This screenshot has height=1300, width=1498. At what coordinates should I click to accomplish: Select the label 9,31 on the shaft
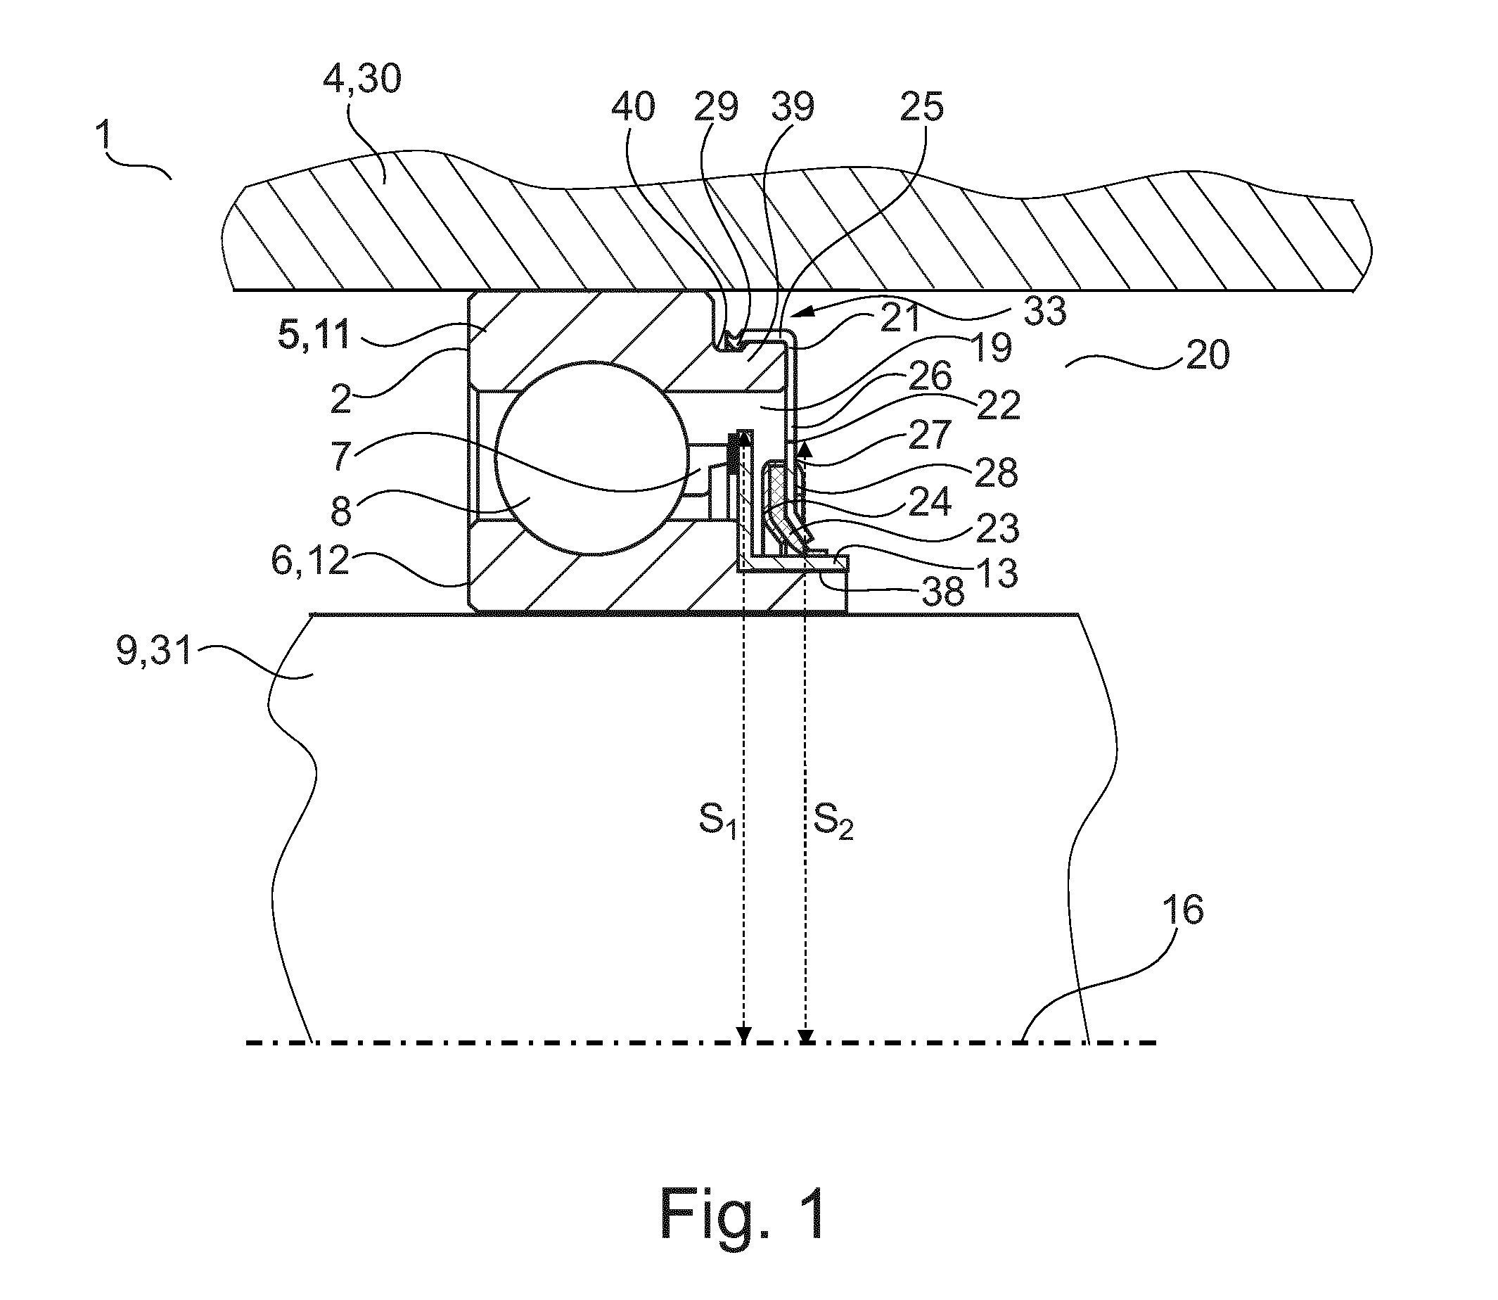point(154,652)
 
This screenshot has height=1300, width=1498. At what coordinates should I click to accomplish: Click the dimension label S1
point(718,820)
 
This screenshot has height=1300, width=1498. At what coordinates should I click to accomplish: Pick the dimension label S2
point(833,820)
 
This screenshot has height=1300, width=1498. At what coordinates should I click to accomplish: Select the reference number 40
point(633,108)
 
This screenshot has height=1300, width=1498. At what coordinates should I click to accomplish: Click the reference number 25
point(922,108)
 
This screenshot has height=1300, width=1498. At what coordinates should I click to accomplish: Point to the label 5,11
point(314,335)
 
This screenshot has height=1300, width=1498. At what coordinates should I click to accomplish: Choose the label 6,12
point(310,561)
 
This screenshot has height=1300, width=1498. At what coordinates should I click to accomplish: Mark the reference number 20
point(1208,355)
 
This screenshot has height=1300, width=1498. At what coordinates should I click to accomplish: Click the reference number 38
point(943,594)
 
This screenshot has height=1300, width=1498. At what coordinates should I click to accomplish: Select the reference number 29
point(716,108)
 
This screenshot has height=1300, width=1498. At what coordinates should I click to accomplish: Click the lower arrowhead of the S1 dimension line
point(743,1035)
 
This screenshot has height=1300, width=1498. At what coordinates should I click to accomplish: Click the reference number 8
point(341,511)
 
